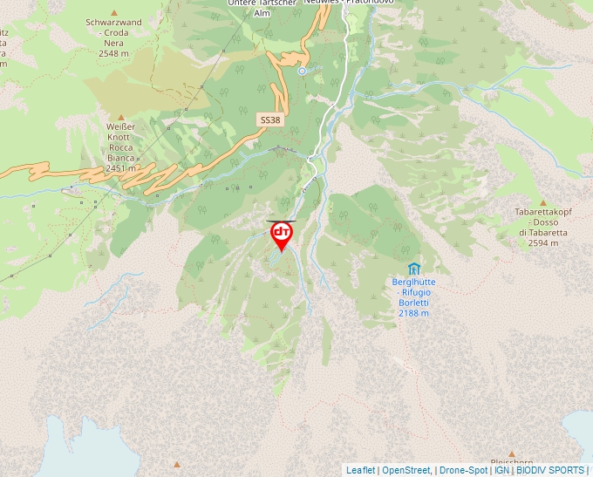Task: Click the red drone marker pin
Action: pos(281,235)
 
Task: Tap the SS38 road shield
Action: pos(269,118)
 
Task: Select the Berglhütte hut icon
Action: pos(413,269)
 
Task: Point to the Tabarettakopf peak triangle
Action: pos(542,202)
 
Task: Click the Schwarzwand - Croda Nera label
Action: pos(113,31)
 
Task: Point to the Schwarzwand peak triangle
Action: pos(114,10)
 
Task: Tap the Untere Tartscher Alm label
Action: pos(262,8)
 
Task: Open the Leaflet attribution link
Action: pos(360,470)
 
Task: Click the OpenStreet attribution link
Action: pos(406,470)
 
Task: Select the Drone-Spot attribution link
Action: pos(463,470)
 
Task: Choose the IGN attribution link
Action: pos(501,470)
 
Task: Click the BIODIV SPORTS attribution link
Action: pos(549,470)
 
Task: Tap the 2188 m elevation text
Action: pos(413,313)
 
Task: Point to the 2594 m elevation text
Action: pos(542,243)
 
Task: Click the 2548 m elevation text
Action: pos(113,53)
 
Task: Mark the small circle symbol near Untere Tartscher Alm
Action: pos(302,72)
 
